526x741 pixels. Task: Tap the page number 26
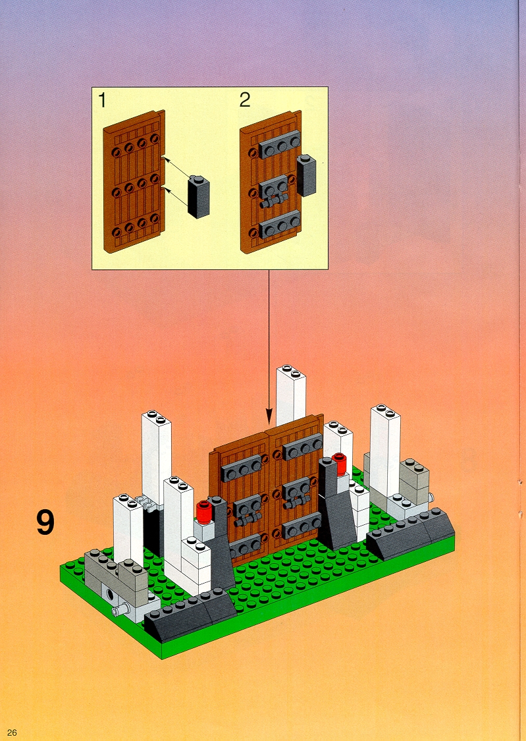pos(12,732)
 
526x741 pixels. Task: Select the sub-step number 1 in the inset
pos(103,100)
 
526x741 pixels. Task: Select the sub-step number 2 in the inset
pos(245,99)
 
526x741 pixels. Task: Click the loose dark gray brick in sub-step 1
pos(198,196)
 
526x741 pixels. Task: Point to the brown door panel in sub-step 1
pos(134,182)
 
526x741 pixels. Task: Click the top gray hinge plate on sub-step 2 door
pos(279,144)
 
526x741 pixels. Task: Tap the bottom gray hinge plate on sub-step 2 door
pos(279,225)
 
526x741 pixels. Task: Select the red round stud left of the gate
pos(203,511)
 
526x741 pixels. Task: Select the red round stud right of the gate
pos(339,464)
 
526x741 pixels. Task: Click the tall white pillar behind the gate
pos(291,395)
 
